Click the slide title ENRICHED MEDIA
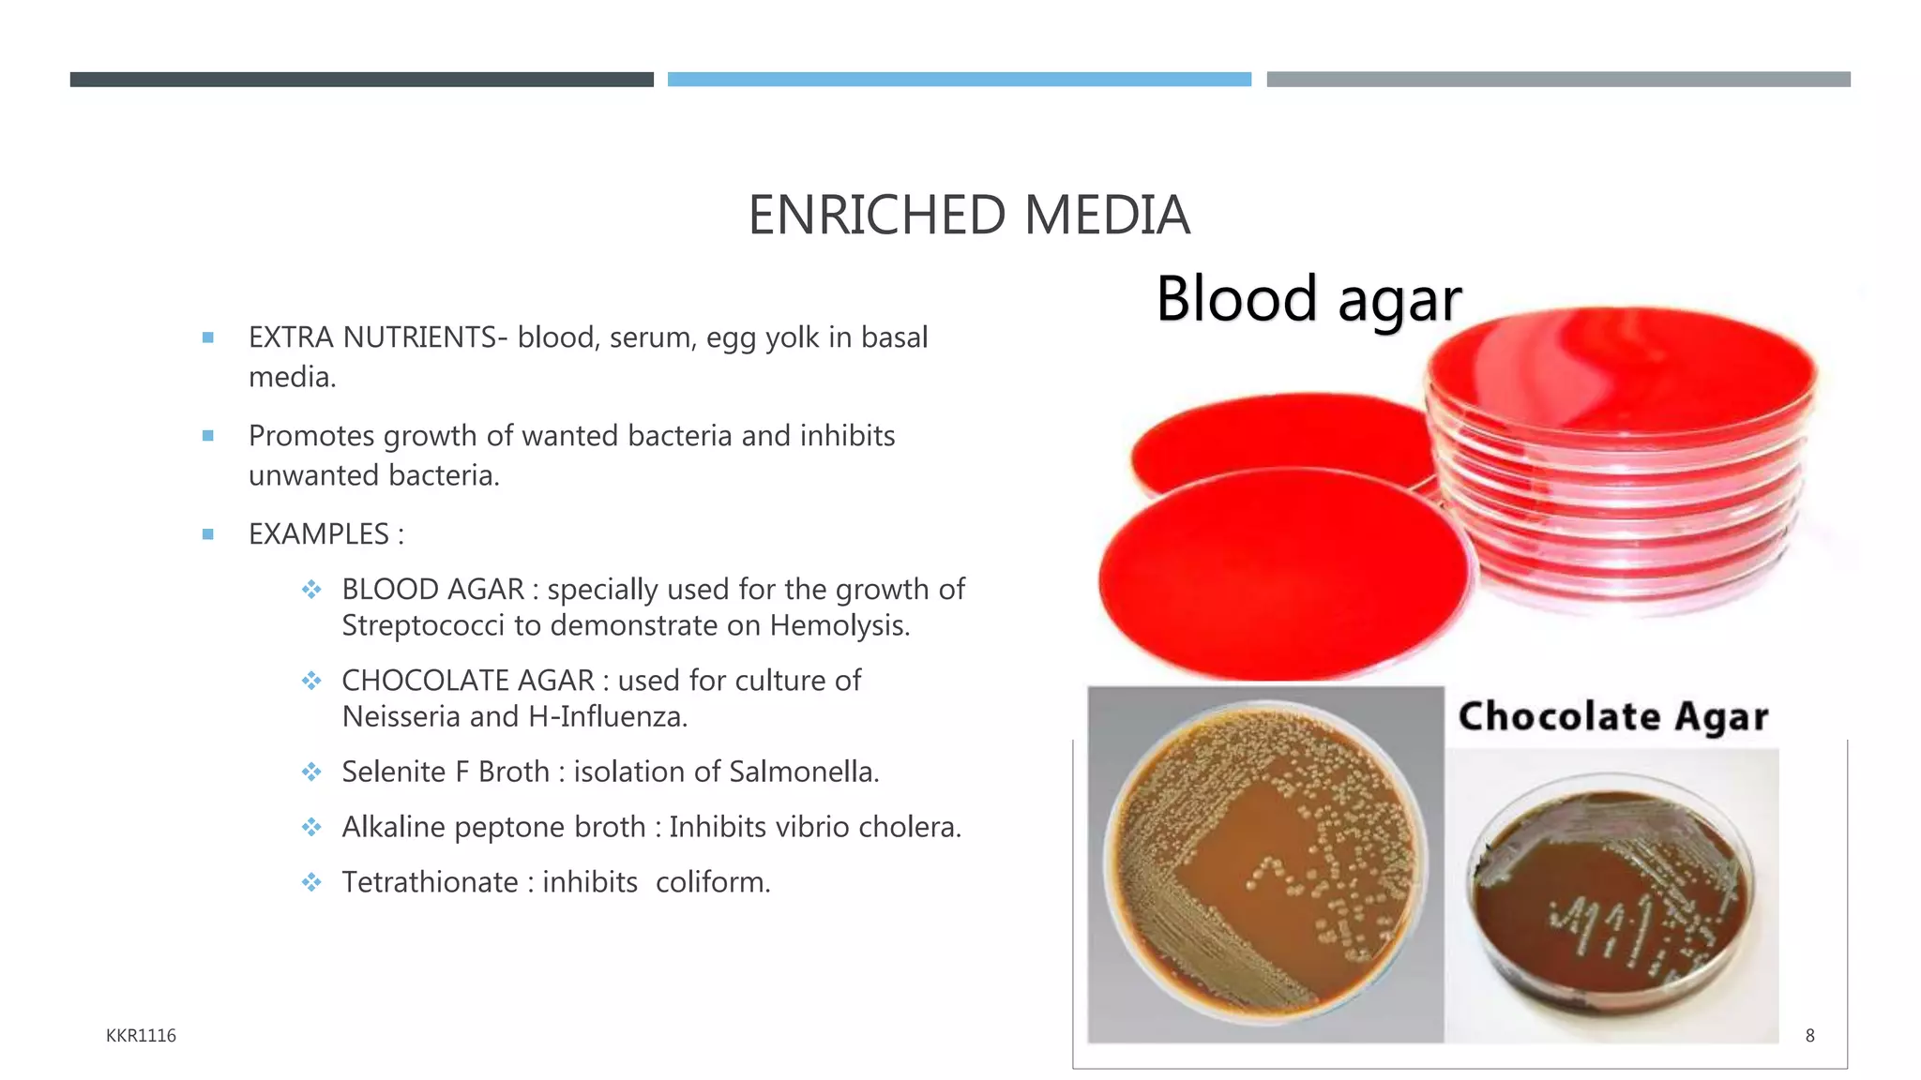pyautogui.click(x=968, y=216)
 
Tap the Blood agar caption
pyautogui.click(x=1308, y=300)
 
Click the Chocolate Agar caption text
pyautogui.click(x=1612, y=717)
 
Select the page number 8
pyautogui.click(x=1809, y=1036)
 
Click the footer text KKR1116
pyautogui.click(x=141, y=1036)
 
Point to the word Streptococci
pyautogui.click(x=422, y=626)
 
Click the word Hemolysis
pyautogui.click(x=839, y=626)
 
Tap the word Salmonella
pyautogui.click(x=803, y=772)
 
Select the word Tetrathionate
pyautogui.click(x=430, y=883)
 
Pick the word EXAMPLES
pyautogui.click(x=318, y=534)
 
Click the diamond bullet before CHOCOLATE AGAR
pyautogui.click(x=311, y=681)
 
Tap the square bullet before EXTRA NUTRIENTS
pyautogui.click(x=208, y=337)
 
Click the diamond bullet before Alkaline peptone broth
pyautogui.click(x=311, y=828)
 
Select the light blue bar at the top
pyautogui.click(x=959, y=80)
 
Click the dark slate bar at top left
pyautogui.click(x=361, y=80)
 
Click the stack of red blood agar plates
pyautogui.click(x=1621, y=459)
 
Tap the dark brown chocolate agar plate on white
pyautogui.click(x=1610, y=900)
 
